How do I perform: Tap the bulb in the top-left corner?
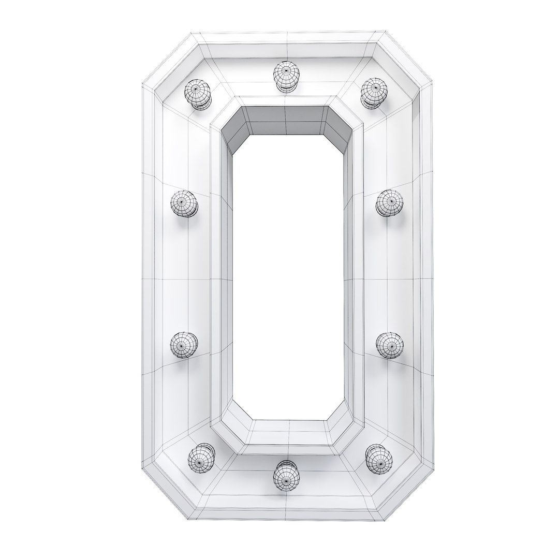(198, 94)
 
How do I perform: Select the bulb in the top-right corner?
(374, 92)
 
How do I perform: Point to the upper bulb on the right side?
(389, 203)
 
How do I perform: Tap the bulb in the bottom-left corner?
(201, 457)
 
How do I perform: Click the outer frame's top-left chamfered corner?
(168, 60)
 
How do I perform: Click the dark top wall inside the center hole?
(287, 122)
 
